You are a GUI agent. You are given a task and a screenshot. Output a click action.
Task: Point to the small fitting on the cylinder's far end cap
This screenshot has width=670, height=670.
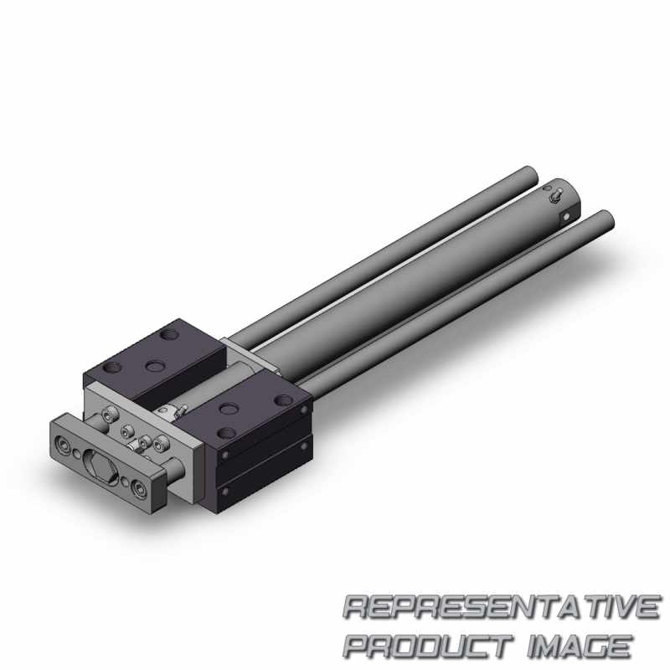click(555, 196)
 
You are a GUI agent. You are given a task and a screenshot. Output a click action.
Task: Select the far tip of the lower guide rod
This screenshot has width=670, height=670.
click(605, 219)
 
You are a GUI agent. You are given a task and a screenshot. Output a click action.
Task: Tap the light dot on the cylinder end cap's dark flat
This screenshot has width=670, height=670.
click(567, 217)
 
